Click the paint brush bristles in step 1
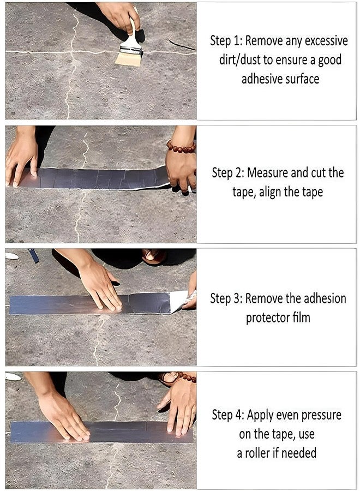point(129,58)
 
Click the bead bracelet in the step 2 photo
point(181,147)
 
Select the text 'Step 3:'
point(226,298)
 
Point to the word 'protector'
point(270,318)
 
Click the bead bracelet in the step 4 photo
point(185,376)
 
